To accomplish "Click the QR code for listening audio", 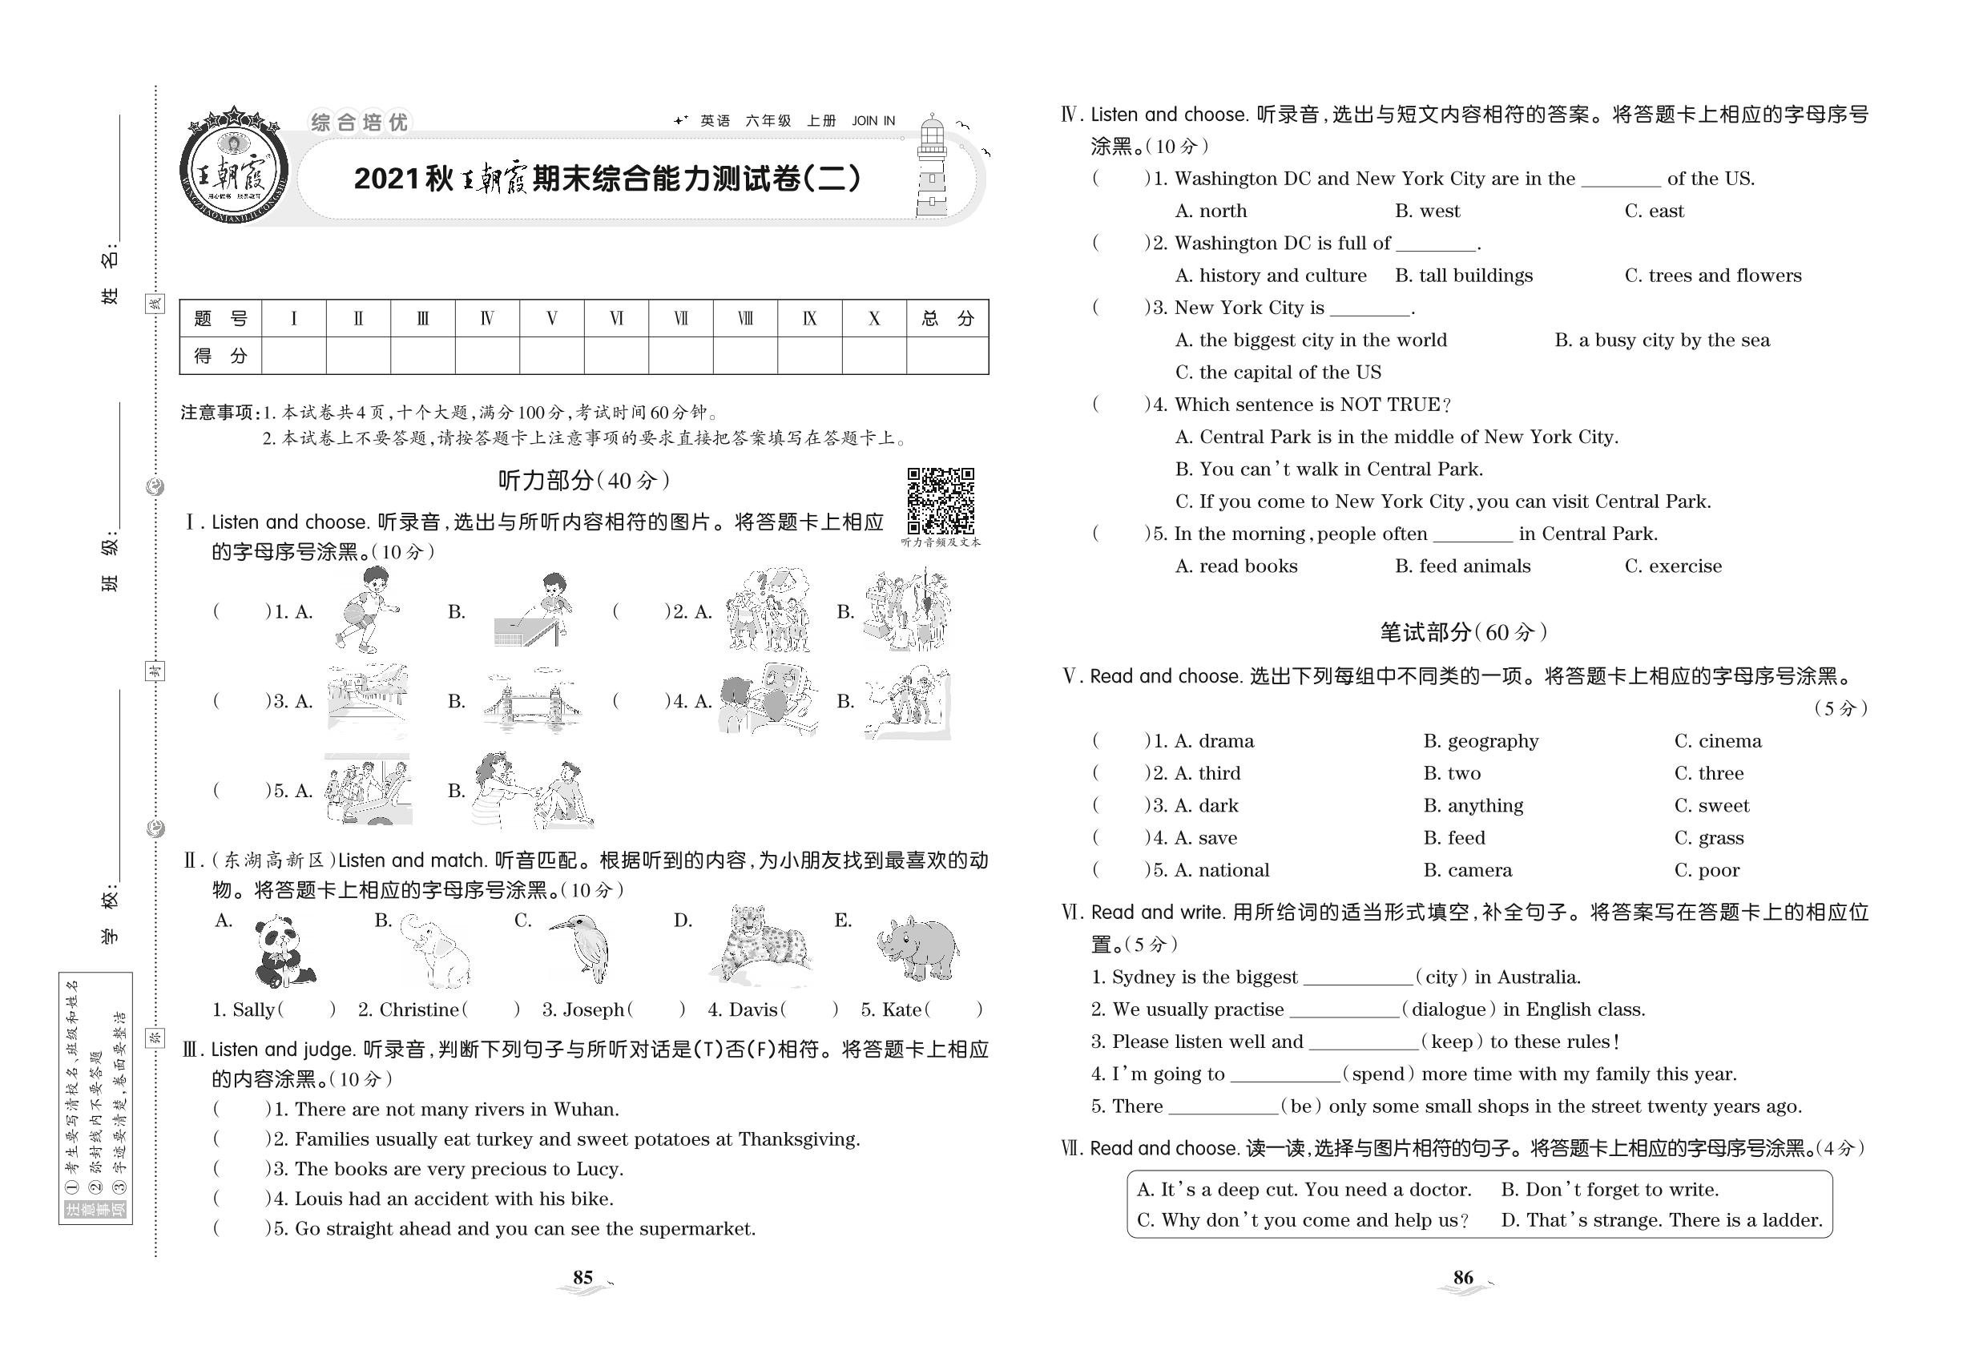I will (x=940, y=500).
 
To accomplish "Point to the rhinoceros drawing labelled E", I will (x=917, y=947).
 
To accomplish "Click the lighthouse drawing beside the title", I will (x=931, y=168).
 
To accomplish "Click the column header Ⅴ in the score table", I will (x=551, y=319).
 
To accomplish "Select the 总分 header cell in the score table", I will (x=946, y=319).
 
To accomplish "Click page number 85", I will (x=583, y=1278).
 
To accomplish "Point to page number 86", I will (x=1463, y=1278).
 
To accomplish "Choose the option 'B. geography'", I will (x=1481, y=741).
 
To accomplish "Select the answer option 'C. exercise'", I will (x=1673, y=566).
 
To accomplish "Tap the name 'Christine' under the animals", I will (x=418, y=1010).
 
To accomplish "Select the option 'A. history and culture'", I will (x=1270, y=276).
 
